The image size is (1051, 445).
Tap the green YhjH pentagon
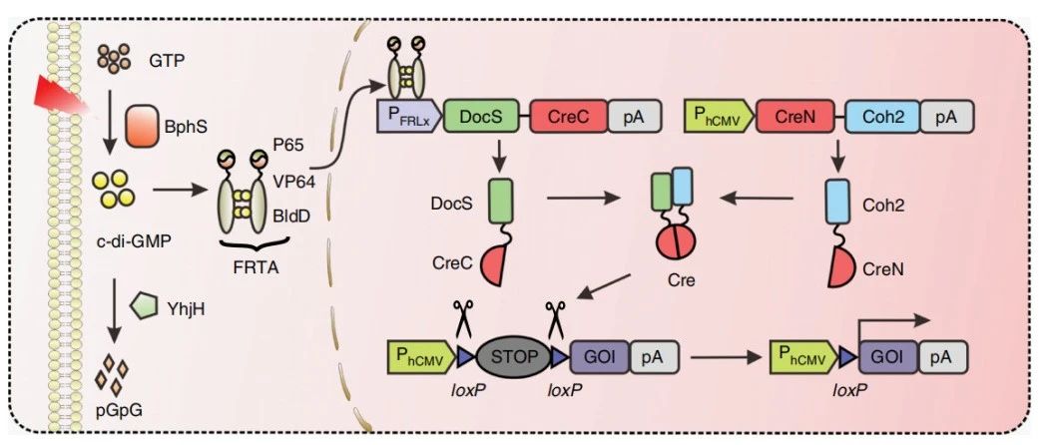[146, 305]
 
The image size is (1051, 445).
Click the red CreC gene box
[566, 116]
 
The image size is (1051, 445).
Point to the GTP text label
[167, 60]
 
